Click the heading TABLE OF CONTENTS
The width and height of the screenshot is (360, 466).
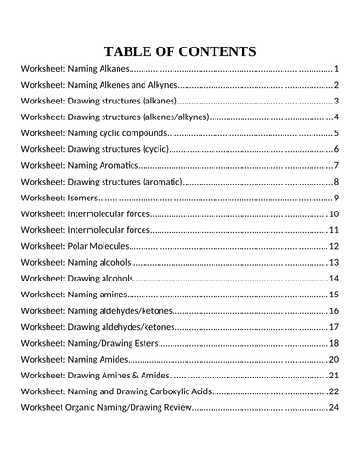(180, 50)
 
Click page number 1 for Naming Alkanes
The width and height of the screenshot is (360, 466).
(336, 70)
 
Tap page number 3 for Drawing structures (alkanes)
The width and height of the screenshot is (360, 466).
(336, 102)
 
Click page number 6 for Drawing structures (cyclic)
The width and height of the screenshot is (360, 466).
(336, 150)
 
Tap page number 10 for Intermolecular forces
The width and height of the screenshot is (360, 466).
(333, 214)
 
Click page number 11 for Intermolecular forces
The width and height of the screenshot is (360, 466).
(333, 230)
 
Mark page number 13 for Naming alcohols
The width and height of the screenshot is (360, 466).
(333, 263)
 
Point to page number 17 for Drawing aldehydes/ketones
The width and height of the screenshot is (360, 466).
(333, 327)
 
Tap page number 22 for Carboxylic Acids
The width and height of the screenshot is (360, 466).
(333, 391)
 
